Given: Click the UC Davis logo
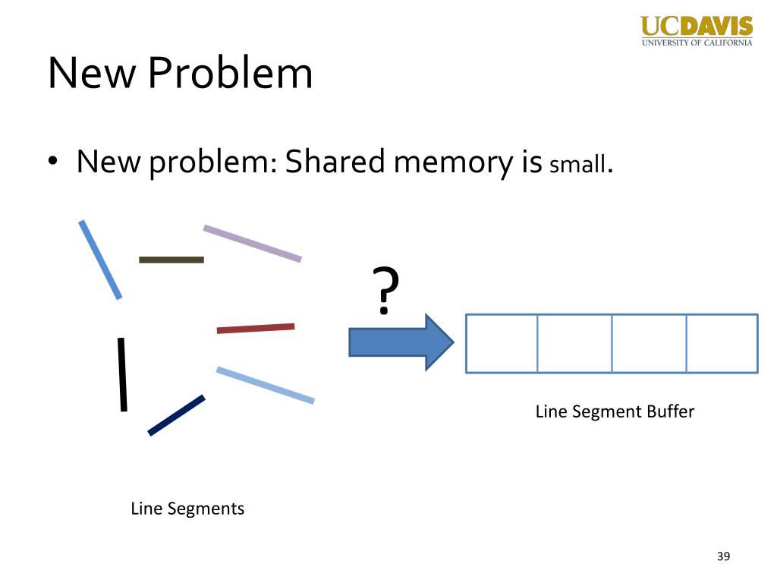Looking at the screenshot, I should [x=697, y=30].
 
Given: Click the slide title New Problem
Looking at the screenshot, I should [x=180, y=74].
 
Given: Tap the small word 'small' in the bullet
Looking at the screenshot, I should [x=577, y=165].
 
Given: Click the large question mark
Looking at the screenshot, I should [x=385, y=291].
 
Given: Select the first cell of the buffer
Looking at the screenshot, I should [x=502, y=343].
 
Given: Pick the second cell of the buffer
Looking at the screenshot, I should [x=574, y=343].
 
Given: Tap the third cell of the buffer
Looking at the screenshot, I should [x=649, y=343].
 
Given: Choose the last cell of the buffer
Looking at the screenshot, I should [x=722, y=343].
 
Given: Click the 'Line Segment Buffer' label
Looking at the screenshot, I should [x=615, y=411].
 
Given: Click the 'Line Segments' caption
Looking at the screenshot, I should [x=187, y=508].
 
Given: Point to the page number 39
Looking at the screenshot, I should [x=723, y=557].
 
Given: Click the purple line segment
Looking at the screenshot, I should [x=252, y=244].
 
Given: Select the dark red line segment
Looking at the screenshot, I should [x=256, y=328].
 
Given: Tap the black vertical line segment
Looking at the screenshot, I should [x=121, y=374].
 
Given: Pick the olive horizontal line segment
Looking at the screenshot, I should [x=171, y=260].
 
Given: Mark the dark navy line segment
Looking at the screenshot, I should [x=176, y=415].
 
